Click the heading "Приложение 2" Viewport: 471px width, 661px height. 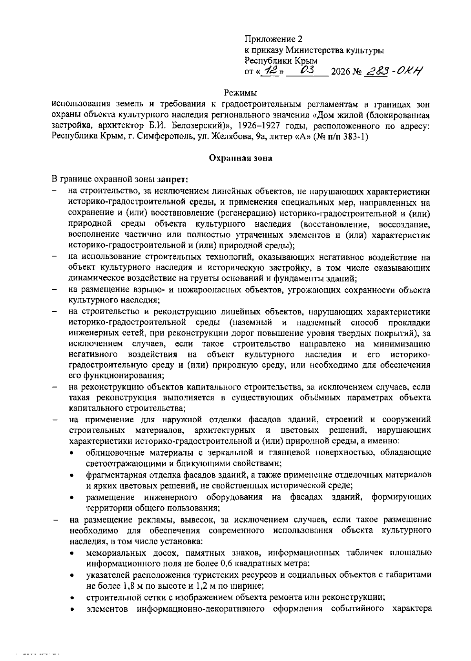point(274,39)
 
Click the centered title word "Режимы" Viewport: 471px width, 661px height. point(241,93)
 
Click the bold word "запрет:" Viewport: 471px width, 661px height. point(173,180)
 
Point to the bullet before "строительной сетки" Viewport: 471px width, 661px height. point(72,598)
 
